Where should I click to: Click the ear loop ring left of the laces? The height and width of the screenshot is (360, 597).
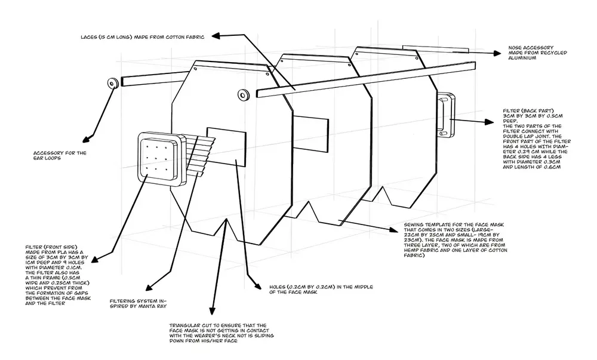(x=112, y=83)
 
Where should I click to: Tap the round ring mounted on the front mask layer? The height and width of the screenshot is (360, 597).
(x=242, y=94)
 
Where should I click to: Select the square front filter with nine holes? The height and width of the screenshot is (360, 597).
(x=158, y=156)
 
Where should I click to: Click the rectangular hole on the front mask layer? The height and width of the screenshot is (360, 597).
(x=226, y=144)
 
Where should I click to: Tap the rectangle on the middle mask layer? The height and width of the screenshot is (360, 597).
(x=311, y=128)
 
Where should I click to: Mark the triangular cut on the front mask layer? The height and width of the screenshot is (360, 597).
(x=226, y=226)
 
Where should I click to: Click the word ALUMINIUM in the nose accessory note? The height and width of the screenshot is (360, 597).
(x=523, y=60)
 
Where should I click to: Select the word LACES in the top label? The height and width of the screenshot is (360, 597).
(x=91, y=37)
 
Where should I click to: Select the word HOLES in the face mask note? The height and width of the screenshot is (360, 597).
(x=275, y=287)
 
